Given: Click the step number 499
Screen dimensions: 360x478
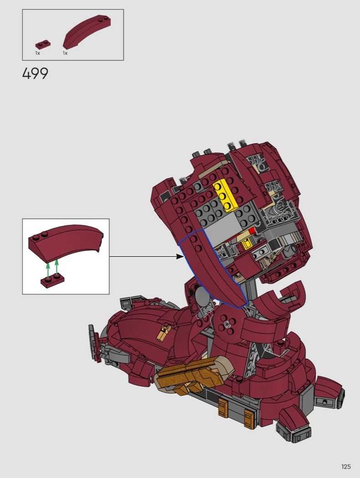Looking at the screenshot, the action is pos(35,74).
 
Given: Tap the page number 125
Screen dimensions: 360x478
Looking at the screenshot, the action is pos(346,467).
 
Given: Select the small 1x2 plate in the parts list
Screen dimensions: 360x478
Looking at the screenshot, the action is pos(43,45).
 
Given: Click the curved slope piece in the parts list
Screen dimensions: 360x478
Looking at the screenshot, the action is pos(87,31).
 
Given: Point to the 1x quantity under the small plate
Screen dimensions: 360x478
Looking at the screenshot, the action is pos(37,53).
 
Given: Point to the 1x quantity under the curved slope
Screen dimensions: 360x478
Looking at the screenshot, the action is pos(65,53).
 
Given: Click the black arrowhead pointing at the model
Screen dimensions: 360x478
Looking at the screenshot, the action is pos(180,257).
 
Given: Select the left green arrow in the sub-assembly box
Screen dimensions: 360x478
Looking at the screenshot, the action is pos(48,270).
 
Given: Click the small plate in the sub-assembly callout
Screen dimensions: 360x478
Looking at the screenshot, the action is pos(52,281).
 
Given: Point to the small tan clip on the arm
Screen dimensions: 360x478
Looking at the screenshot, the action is pos(163,332).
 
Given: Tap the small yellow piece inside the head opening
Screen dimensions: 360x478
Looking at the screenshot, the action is pos(247,244).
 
